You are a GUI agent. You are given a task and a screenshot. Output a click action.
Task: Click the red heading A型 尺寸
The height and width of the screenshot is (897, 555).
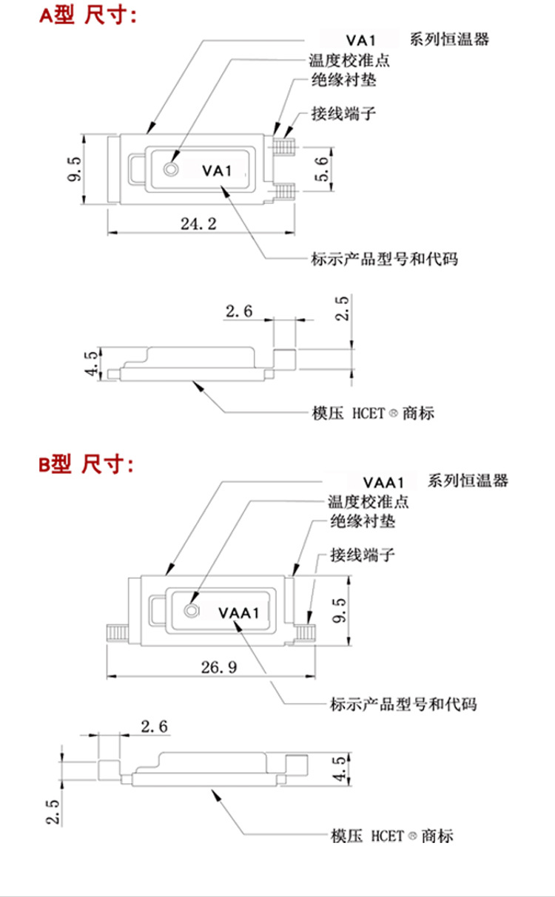pyautogui.click(x=88, y=16)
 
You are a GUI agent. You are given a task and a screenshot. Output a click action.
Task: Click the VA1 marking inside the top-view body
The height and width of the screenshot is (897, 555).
pyautogui.click(x=217, y=171)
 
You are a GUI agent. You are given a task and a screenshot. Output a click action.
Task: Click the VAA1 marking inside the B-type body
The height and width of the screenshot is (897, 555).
pyautogui.click(x=238, y=612)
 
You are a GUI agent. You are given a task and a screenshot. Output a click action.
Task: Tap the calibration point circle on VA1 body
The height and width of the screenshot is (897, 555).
pyautogui.click(x=172, y=169)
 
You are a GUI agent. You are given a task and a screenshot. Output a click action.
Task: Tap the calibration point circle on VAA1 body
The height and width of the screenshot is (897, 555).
pyautogui.click(x=192, y=611)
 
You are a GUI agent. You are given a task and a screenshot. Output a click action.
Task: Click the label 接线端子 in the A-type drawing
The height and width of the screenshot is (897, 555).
pyautogui.click(x=344, y=115)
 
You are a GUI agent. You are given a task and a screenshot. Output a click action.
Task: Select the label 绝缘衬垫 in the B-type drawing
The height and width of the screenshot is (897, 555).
pyautogui.click(x=362, y=522)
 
